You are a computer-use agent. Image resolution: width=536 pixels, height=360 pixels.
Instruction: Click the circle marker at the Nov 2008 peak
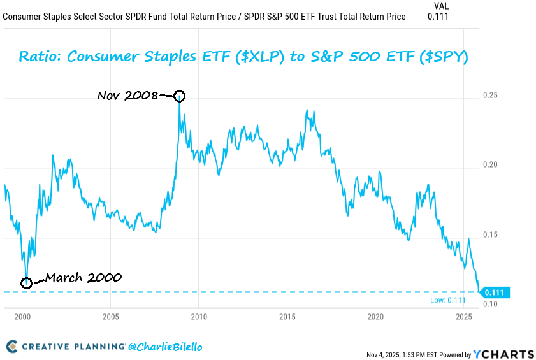point(180,96)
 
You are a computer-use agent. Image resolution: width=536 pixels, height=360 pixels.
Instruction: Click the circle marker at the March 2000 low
point(26,282)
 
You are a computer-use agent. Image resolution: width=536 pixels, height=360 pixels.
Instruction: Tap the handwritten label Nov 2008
point(127,96)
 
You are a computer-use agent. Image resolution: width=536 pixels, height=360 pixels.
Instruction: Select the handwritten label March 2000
point(83,278)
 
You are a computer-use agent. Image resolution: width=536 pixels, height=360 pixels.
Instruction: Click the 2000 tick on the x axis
point(22,316)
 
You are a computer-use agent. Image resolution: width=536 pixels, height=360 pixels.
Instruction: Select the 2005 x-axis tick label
point(110,316)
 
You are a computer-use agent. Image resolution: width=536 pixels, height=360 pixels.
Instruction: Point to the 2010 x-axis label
point(199,316)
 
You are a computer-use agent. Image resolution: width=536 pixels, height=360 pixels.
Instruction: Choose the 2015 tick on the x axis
point(287,316)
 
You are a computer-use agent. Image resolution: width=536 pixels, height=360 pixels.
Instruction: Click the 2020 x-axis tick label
point(375,316)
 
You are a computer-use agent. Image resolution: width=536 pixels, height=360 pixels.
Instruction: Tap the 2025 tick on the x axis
point(463,316)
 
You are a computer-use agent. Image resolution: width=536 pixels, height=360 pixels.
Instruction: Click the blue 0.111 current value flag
point(495,292)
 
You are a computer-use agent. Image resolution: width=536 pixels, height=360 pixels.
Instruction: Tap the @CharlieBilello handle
point(165,347)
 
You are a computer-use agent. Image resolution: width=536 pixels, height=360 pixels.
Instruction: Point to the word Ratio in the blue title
point(40,57)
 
